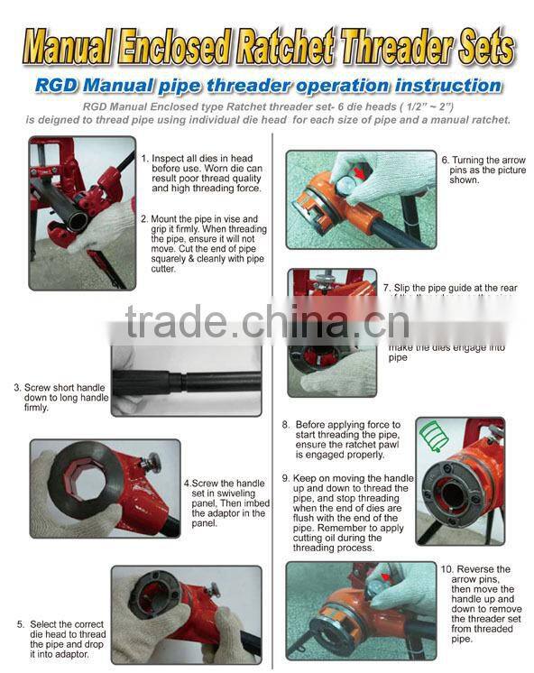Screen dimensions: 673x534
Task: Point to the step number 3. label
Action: pos(17,388)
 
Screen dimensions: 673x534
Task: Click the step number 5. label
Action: pos(19,623)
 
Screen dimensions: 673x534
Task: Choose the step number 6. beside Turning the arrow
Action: pos(444,160)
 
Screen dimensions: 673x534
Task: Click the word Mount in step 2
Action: pos(165,218)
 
